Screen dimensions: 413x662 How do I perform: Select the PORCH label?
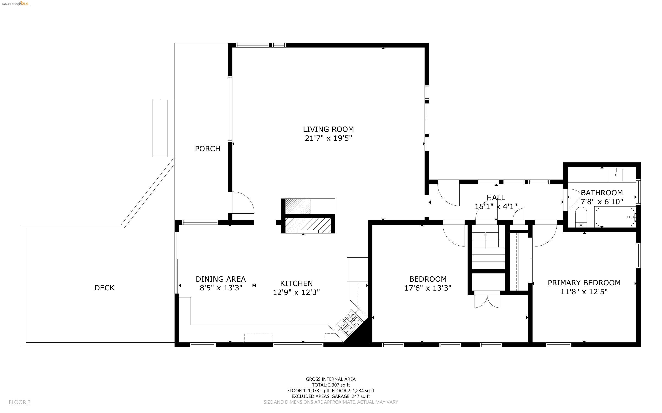(x=207, y=148)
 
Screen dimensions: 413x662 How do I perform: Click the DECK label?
(x=104, y=288)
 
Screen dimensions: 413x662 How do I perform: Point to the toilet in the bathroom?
(x=581, y=217)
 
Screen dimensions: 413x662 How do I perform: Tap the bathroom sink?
(x=615, y=175)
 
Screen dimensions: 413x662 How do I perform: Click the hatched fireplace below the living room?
(x=308, y=225)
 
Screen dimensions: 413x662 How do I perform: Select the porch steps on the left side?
(x=163, y=128)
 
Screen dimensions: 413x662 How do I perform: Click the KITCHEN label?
(x=296, y=283)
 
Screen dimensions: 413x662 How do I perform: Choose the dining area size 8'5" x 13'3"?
(x=221, y=288)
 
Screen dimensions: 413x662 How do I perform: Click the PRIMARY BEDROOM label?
(x=584, y=283)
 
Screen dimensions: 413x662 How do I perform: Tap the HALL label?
(x=495, y=197)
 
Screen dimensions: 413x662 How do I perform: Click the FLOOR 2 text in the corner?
(x=19, y=402)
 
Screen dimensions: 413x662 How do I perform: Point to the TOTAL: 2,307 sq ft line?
(x=331, y=385)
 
